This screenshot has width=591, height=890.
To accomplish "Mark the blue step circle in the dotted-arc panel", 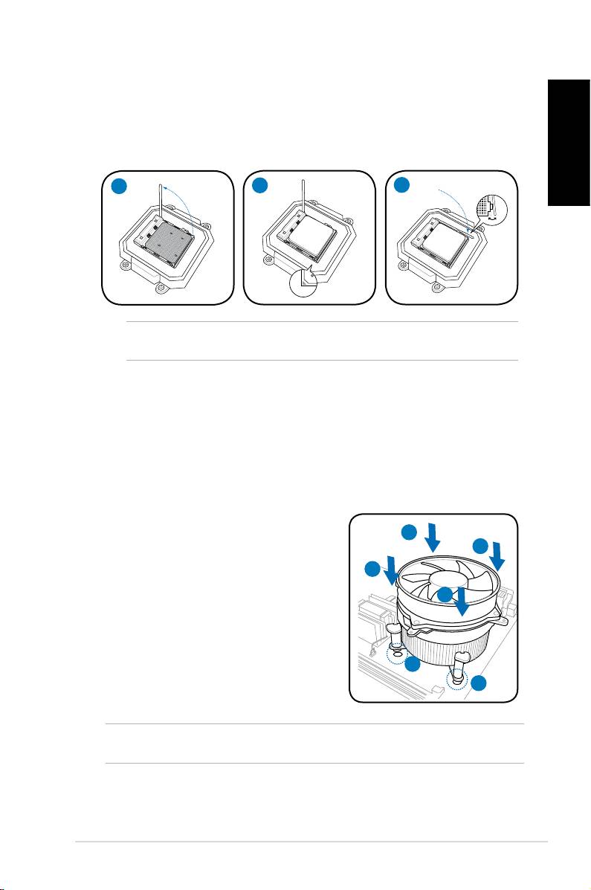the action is pyautogui.click(x=402, y=186).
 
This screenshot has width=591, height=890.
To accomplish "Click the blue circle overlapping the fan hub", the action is pyautogui.click(x=444, y=595).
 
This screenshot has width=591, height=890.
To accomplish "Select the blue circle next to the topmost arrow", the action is pyautogui.click(x=410, y=532).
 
